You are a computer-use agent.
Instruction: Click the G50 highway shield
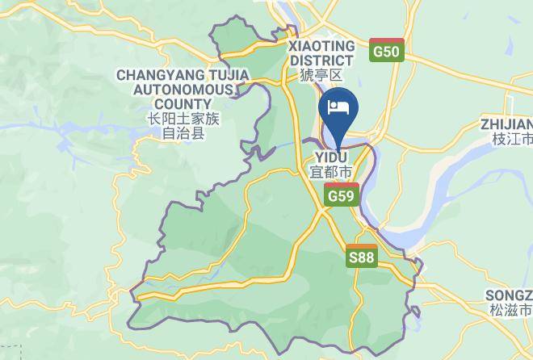pyautogui.click(x=386, y=51)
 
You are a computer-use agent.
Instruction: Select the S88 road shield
pyautogui.click(x=361, y=257)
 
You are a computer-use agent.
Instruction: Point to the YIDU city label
pyautogui.click(x=330, y=157)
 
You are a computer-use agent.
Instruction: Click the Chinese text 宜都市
pyautogui.click(x=331, y=172)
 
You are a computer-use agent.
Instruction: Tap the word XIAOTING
pyautogui.click(x=321, y=46)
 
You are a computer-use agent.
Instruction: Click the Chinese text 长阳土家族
pyautogui.click(x=183, y=119)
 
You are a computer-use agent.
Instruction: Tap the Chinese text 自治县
pyautogui.click(x=183, y=133)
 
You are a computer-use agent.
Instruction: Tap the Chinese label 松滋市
pyautogui.click(x=511, y=310)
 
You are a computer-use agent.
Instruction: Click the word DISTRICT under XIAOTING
pyautogui.click(x=321, y=61)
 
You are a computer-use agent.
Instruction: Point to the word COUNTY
pyautogui.click(x=183, y=104)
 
